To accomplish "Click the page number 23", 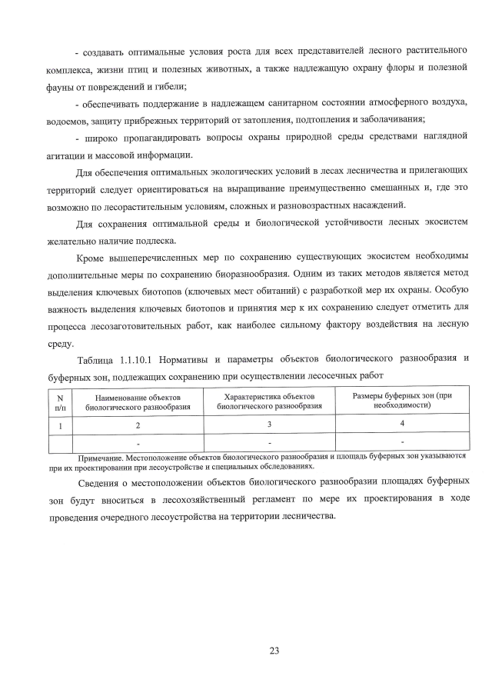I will point(274,651).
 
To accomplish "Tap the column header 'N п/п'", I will point(60,401).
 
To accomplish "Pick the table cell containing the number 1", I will point(60,425).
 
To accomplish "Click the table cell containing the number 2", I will point(138,425).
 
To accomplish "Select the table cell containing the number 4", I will point(402,424).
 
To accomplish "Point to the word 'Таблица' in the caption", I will point(97,359).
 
